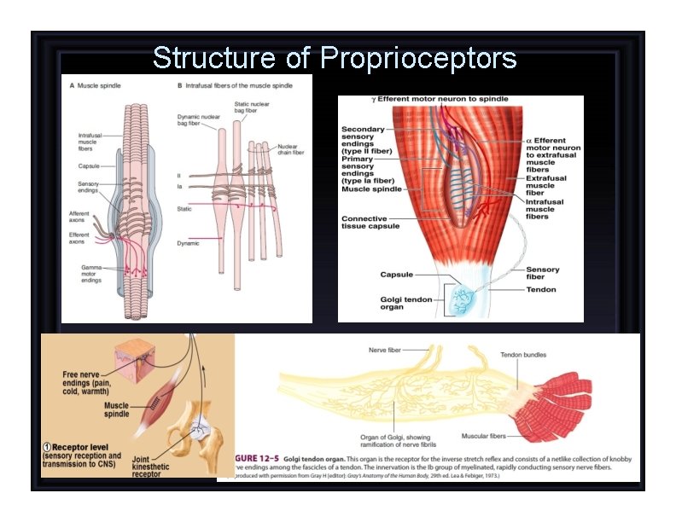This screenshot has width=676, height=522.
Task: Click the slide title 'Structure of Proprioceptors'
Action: click(x=335, y=58)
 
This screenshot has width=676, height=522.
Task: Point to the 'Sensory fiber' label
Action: click(x=543, y=273)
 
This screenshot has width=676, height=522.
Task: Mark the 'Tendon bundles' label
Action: click(x=523, y=355)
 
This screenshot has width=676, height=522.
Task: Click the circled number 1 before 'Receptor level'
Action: click(x=50, y=446)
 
